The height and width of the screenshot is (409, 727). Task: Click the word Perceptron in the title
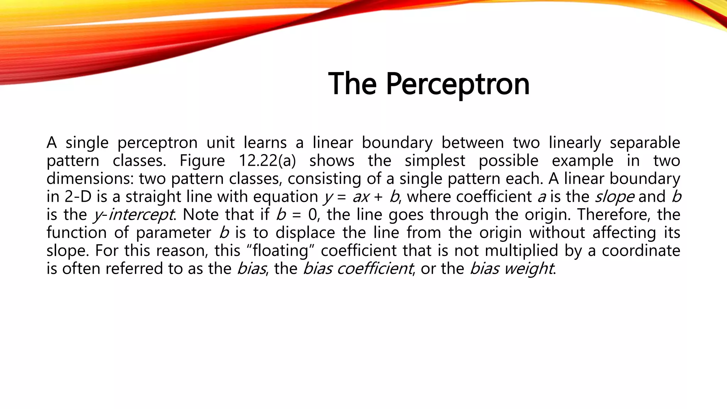click(x=458, y=84)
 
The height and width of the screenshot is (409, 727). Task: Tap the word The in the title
click(x=352, y=84)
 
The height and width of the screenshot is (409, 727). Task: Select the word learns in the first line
click(x=265, y=143)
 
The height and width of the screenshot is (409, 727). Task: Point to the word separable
click(x=645, y=143)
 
